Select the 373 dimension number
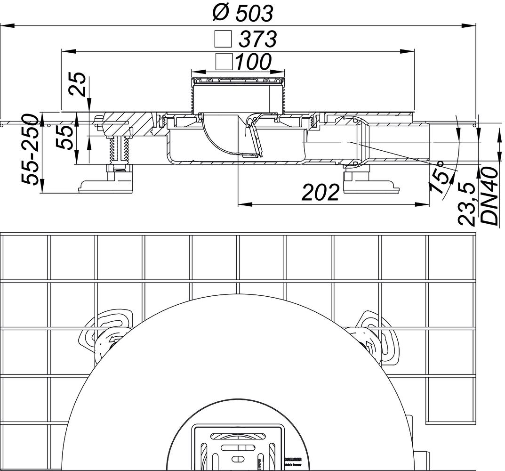(x=257, y=40)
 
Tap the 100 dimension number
(x=253, y=61)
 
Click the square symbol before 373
(x=223, y=40)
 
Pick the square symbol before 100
(x=223, y=61)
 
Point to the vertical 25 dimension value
(x=79, y=85)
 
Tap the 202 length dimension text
(x=320, y=192)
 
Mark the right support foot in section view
(x=371, y=184)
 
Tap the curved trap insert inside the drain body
(x=221, y=137)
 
